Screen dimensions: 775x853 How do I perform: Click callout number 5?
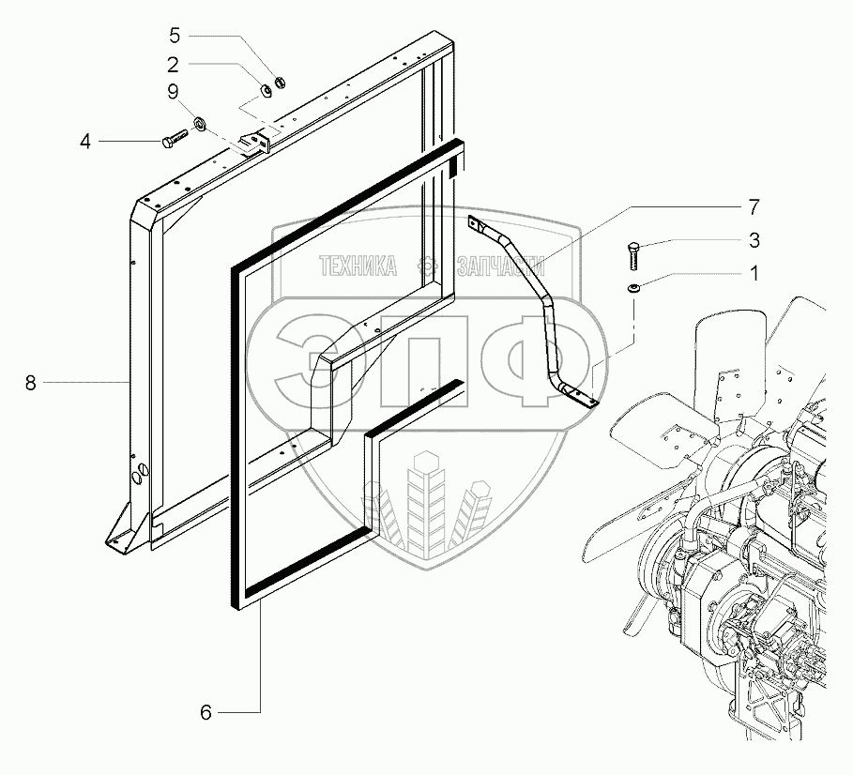click(174, 36)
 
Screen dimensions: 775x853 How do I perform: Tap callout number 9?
click(174, 91)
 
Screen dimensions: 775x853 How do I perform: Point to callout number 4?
click(85, 143)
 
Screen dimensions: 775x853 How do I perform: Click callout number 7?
click(754, 205)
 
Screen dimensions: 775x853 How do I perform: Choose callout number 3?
click(754, 241)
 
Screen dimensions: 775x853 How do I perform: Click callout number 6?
click(206, 713)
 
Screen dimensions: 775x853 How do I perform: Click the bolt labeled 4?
click(176, 141)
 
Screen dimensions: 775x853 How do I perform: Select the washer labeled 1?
click(634, 287)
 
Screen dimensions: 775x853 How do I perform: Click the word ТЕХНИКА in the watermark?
click(358, 266)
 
